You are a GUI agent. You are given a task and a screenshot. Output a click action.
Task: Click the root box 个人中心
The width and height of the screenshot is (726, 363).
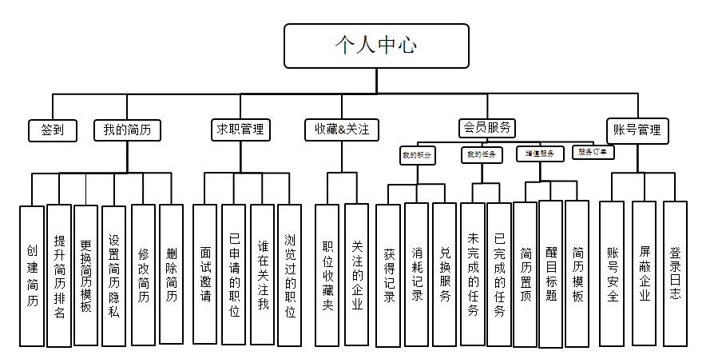point(375,46)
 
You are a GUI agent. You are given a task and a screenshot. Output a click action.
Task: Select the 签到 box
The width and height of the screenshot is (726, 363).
point(52,130)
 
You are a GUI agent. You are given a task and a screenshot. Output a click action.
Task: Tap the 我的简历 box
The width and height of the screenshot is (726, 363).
point(127,130)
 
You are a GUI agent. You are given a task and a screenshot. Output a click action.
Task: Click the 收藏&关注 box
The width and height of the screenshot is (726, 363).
point(341,130)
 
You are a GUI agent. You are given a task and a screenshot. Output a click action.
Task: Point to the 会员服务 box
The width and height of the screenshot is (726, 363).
point(486,126)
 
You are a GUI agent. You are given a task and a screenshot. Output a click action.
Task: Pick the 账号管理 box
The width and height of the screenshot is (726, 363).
point(637,130)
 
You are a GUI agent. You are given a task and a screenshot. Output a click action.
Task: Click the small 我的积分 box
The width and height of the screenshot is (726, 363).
point(417,155)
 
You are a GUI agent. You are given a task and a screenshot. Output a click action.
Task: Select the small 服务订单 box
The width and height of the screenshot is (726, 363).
point(593,151)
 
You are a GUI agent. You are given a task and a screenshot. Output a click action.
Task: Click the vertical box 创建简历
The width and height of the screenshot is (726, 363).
point(32,276)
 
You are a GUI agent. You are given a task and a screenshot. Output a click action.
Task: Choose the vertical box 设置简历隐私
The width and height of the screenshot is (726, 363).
point(113,275)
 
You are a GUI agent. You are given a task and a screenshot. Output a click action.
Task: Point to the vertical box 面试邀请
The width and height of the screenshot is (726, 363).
point(205,274)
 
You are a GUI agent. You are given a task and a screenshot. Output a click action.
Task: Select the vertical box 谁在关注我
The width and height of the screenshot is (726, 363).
point(262,274)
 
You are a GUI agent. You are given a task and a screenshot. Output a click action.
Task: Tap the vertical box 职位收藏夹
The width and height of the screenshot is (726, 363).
point(327,274)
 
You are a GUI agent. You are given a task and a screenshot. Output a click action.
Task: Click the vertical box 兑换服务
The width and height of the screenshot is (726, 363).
point(445,274)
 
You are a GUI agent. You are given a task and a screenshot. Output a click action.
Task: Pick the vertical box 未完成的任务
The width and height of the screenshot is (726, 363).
point(473,274)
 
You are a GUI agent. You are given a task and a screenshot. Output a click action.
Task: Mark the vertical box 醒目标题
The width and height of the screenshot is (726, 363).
point(551,273)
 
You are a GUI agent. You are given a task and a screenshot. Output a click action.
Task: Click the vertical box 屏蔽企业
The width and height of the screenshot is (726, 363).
point(644,273)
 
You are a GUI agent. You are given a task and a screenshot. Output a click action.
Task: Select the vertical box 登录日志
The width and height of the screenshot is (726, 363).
point(675,273)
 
